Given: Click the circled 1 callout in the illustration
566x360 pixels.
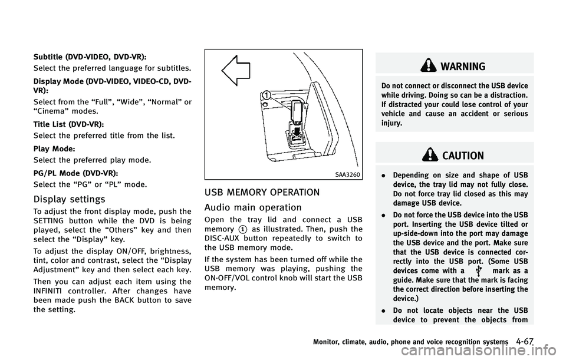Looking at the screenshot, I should point(267,95).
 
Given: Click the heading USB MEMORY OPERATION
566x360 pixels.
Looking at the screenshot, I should point(271,192).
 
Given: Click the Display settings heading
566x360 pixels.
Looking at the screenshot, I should point(62,199).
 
